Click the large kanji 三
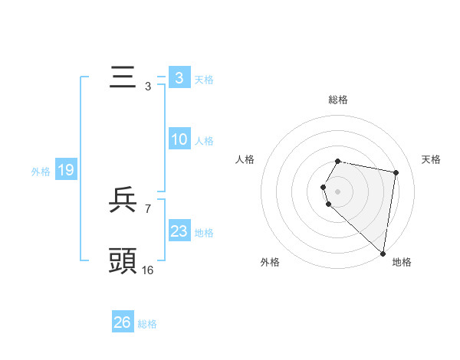[x=123, y=78]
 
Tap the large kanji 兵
[x=123, y=201]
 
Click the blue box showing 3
[x=179, y=78]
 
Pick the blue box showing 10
[x=179, y=139]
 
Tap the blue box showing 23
[x=179, y=231]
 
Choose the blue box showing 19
[x=66, y=170]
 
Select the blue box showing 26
[x=122, y=322]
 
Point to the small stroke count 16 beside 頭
[x=147, y=270]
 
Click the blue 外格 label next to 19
[x=41, y=172]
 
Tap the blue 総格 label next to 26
[x=147, y=324]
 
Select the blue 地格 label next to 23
[x=204, y=233]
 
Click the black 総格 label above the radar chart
[x=338, y=100]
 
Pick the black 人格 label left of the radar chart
[x=245, y=159]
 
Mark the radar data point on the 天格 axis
[x=396, y=172]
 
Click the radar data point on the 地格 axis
[x=383, y=253]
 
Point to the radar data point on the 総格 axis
[x=338, y=162]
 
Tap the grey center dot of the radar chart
[x=338, y=191]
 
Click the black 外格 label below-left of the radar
[x=270, y=262]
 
